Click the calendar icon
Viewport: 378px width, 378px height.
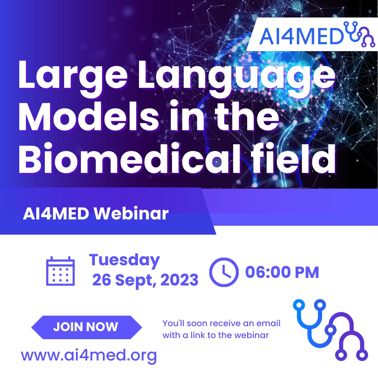[x=61, y=271]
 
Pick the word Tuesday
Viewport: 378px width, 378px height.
[x=124, y=260]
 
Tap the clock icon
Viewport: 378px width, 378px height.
[x=224, y=272]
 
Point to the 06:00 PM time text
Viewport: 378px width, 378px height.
[x=282, y=272]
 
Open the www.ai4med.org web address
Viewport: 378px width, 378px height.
[x=89, y=356]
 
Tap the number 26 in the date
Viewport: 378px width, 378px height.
[x=102, y=280]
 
